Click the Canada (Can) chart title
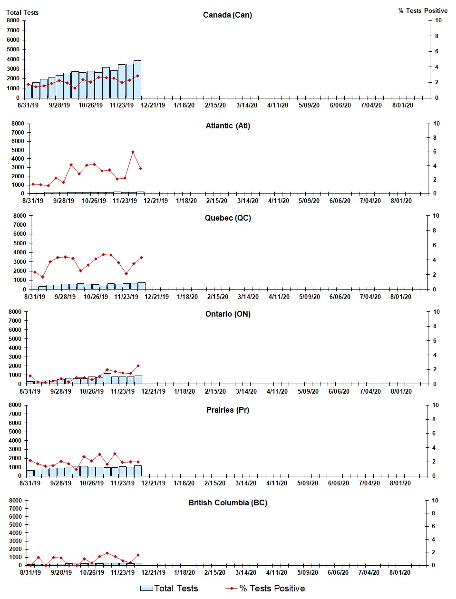coord(227,15)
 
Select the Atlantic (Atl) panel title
coord(228,126)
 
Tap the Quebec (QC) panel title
coord(228,218)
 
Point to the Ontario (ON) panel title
coord(228,314)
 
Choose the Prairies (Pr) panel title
coord(227,410)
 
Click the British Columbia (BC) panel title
coord(227,503)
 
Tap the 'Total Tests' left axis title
coord(22,12)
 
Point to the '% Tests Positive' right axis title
coord(423,10)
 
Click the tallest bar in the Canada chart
coord(137,79)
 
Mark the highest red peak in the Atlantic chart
coord(133,152)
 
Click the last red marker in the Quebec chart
coord(141,258)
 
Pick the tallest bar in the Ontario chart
coord(107,378)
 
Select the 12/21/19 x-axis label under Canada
coord(153,106)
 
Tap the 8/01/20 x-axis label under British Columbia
coord(400,573)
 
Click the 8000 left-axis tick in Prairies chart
coord(15,405)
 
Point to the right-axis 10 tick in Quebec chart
coord(436,216)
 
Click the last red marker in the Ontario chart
coord(138,366)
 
